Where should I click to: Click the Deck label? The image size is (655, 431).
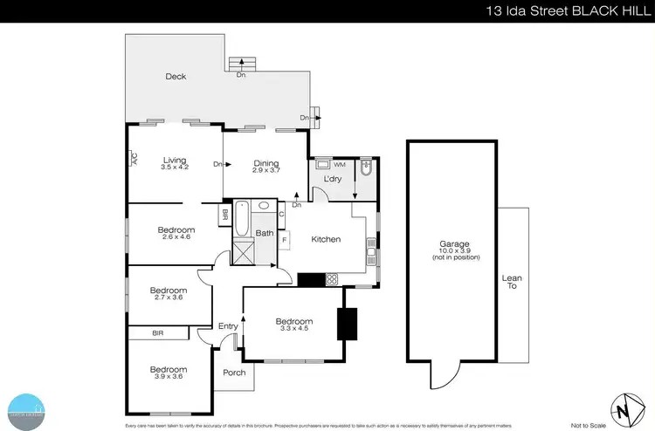pos(176,77)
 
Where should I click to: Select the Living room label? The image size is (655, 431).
pos(175,160)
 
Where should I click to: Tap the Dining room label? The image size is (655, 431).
pos(265,162)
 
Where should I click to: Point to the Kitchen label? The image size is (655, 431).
pos(326,239)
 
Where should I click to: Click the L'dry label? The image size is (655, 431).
pos(333,180)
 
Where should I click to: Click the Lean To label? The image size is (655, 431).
pos(512,283)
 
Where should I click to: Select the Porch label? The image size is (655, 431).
pos(235,373)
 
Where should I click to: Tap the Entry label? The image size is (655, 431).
pos(228,326)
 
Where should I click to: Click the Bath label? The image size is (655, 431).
pos(265,233)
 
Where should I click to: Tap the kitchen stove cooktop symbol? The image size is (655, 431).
pos(333,280)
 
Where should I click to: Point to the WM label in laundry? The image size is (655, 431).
pos(339,164)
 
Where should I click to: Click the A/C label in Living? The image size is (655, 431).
pos(134,159)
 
